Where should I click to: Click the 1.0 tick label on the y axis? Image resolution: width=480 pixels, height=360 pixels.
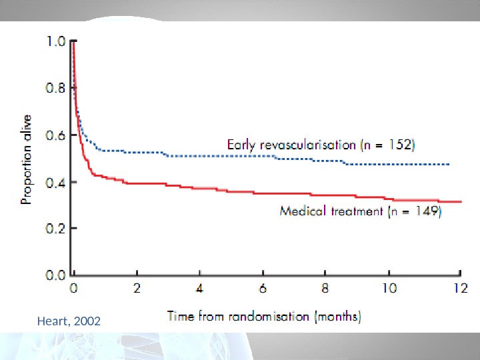pos(56,41)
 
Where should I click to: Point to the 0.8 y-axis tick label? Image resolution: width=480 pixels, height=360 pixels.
pos(56,87)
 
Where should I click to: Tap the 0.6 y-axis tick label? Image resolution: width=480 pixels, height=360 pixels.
pos(56,134)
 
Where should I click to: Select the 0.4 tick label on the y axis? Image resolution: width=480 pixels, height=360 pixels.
pos(56,181)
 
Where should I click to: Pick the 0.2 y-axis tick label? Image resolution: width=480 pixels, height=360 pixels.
pos(56,227)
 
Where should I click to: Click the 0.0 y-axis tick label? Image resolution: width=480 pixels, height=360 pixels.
pos(56,273)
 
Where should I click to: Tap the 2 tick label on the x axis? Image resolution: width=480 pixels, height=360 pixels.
pos(137,289)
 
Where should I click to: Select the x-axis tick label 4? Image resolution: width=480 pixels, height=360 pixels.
pos(200,289)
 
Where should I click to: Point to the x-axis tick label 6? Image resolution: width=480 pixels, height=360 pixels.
pos(263,289)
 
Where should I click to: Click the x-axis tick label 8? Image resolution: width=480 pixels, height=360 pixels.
pos(325,289)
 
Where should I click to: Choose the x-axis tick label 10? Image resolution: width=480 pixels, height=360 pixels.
pos(388,289)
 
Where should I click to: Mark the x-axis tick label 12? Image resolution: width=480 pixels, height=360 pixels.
pos(460,289)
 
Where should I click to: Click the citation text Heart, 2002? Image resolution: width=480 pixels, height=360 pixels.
pos(70,322)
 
